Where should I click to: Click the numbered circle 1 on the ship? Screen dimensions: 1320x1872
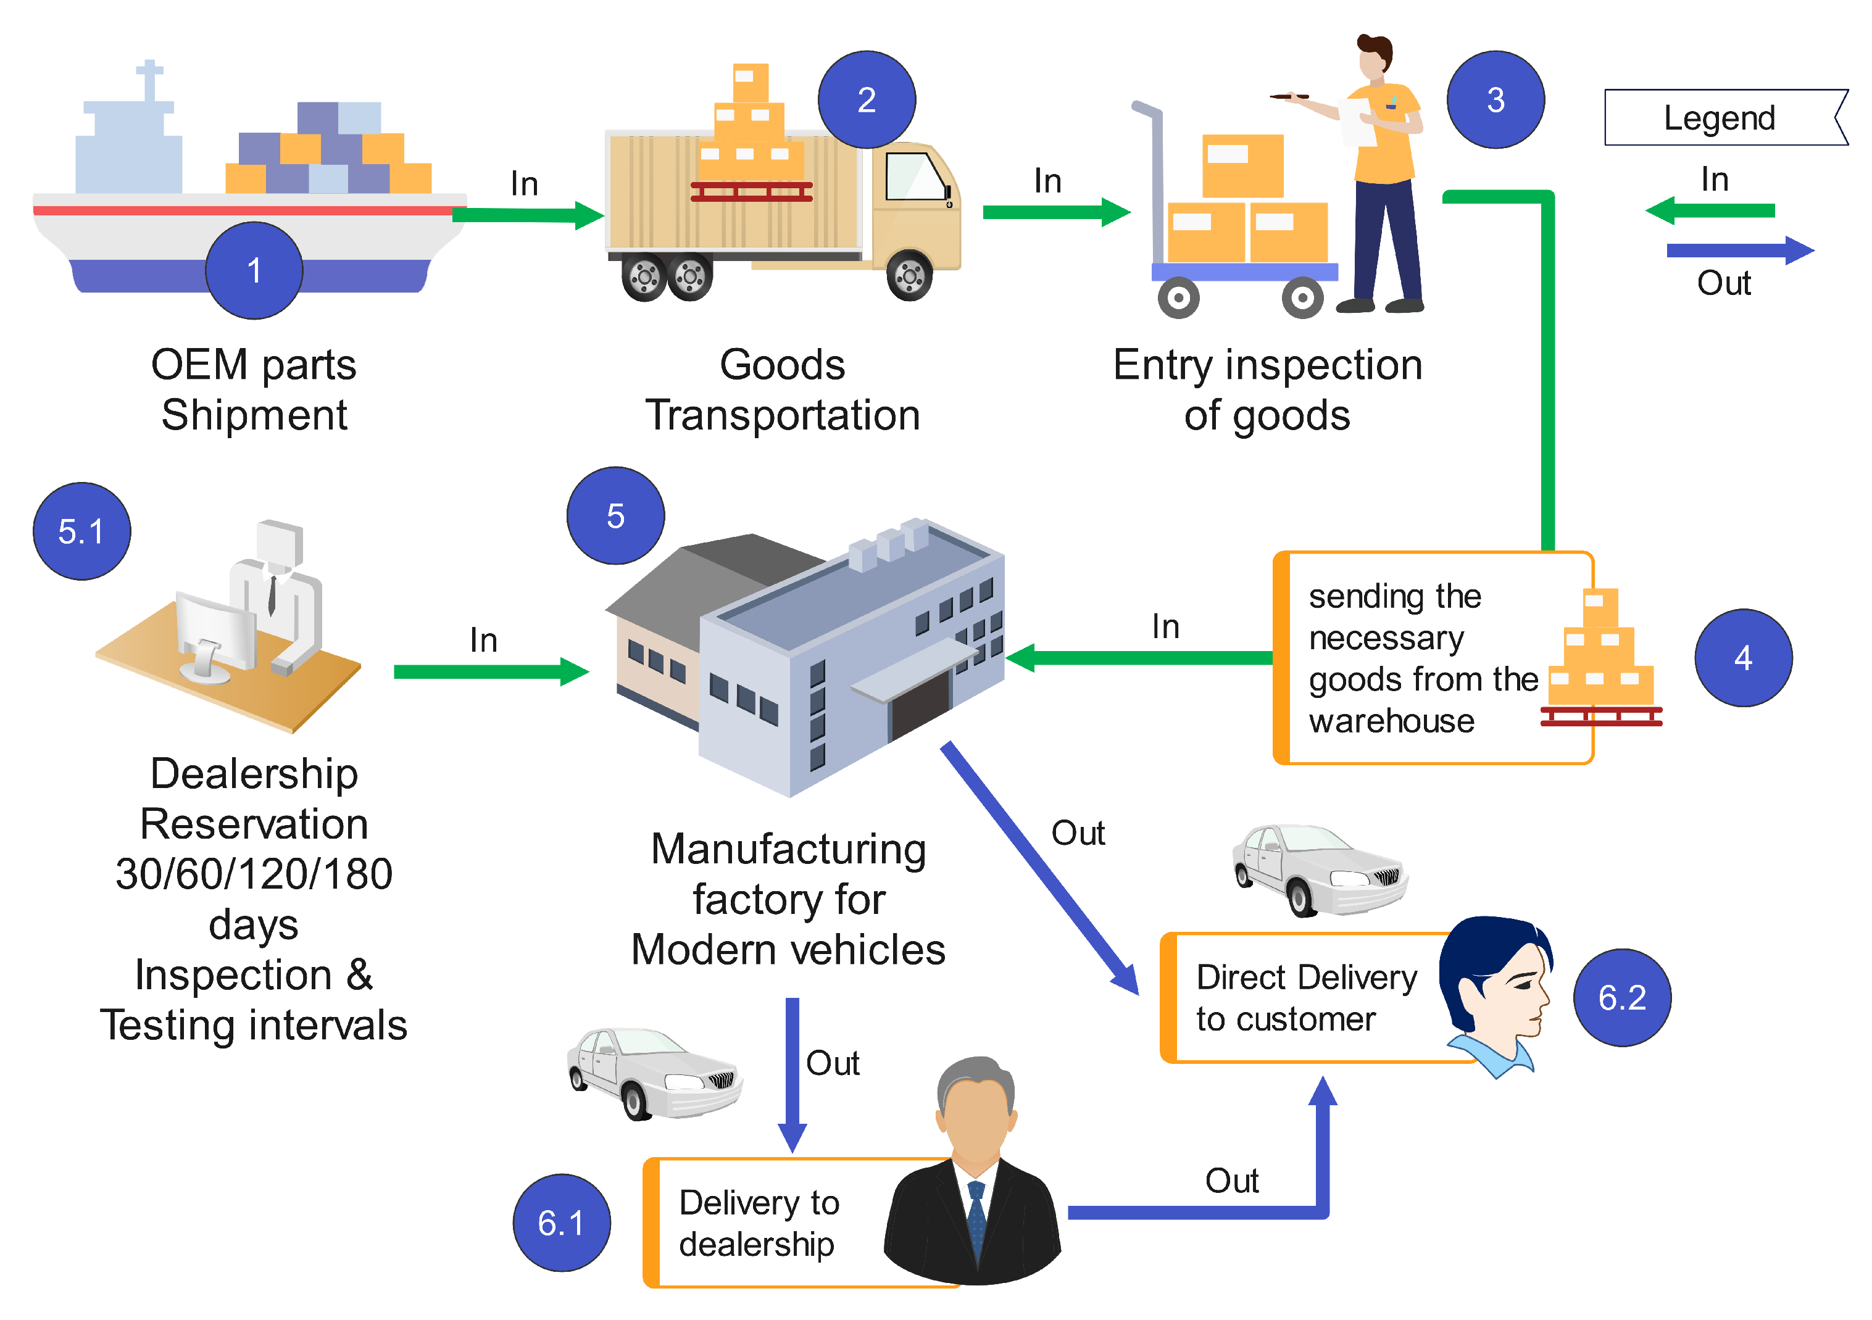254,270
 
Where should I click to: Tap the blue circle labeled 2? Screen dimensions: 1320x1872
866,99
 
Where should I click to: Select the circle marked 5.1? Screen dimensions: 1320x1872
81,531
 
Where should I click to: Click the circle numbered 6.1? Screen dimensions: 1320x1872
561,1221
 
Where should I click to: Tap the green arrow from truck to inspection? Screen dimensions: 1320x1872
1056,212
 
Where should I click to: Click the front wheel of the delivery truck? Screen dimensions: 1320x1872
909,276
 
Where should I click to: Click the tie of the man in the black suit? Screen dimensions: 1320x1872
976,1215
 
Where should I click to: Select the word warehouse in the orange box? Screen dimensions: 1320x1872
1391,721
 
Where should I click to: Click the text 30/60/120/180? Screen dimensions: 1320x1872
254,874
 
